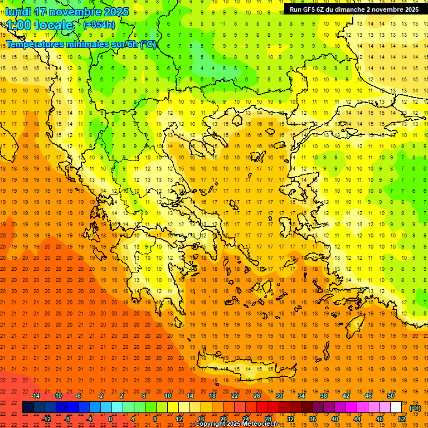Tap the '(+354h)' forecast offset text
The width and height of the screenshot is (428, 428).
click(x=99, y=25)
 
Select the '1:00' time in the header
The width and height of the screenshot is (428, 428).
click(x=19, y=25)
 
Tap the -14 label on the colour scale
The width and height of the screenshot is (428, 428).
click(x=36, y=396)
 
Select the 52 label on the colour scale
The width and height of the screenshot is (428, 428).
click(x=402, y=419)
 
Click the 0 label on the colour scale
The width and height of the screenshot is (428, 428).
click(x=110, y=419)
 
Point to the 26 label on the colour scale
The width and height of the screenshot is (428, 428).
click(x=257, y=396)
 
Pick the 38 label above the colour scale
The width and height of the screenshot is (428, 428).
click(x=323, y=396)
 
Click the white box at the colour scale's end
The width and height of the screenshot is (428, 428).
click(x=396, y=407)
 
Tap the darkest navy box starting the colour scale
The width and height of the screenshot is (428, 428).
click(x=28, y=407)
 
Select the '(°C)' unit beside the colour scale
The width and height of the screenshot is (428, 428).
click(x=415, y=408)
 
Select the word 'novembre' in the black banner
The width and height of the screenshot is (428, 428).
click(x=386, y=9)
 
